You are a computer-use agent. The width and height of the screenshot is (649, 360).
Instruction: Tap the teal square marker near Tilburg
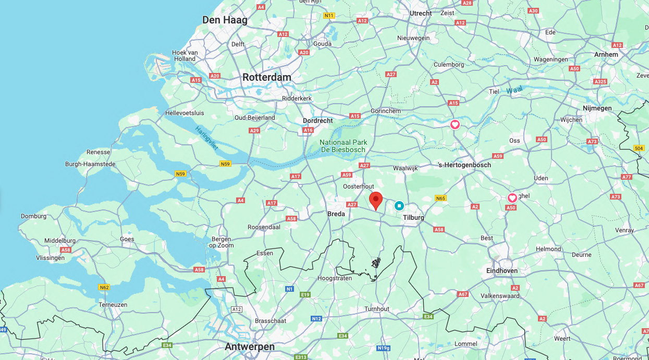click(x=399, y=206)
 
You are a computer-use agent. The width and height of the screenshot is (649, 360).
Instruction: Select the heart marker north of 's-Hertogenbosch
click(x=455, y=125)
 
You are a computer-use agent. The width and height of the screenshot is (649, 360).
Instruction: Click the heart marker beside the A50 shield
click(x=512, y=198)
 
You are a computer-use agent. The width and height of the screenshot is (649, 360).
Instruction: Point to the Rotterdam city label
click(x=267, y=77)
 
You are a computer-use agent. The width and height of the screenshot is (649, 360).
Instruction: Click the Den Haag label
click(x=225, y=20)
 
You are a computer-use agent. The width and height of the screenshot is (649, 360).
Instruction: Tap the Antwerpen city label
click(x=250, y=346)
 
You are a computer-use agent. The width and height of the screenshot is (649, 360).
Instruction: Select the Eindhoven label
click(x=502, y=270)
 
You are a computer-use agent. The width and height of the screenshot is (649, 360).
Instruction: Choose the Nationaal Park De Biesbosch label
click(x=344, y=146)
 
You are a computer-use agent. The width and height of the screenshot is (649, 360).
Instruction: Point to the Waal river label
click(x=513, y=91)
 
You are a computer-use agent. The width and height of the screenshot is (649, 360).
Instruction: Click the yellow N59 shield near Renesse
click(x=181, y=174)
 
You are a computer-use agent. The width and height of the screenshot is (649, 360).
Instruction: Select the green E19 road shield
click(x=305, y=295)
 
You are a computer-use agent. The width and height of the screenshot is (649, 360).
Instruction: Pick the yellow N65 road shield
click(x=440, y=198)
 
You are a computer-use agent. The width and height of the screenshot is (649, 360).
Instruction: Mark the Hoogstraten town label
click(x=335, y=278)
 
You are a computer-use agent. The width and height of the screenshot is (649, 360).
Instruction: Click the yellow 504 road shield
click(x=639, y=148)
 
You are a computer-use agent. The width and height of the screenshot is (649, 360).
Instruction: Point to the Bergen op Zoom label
click(x=221, y=242)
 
